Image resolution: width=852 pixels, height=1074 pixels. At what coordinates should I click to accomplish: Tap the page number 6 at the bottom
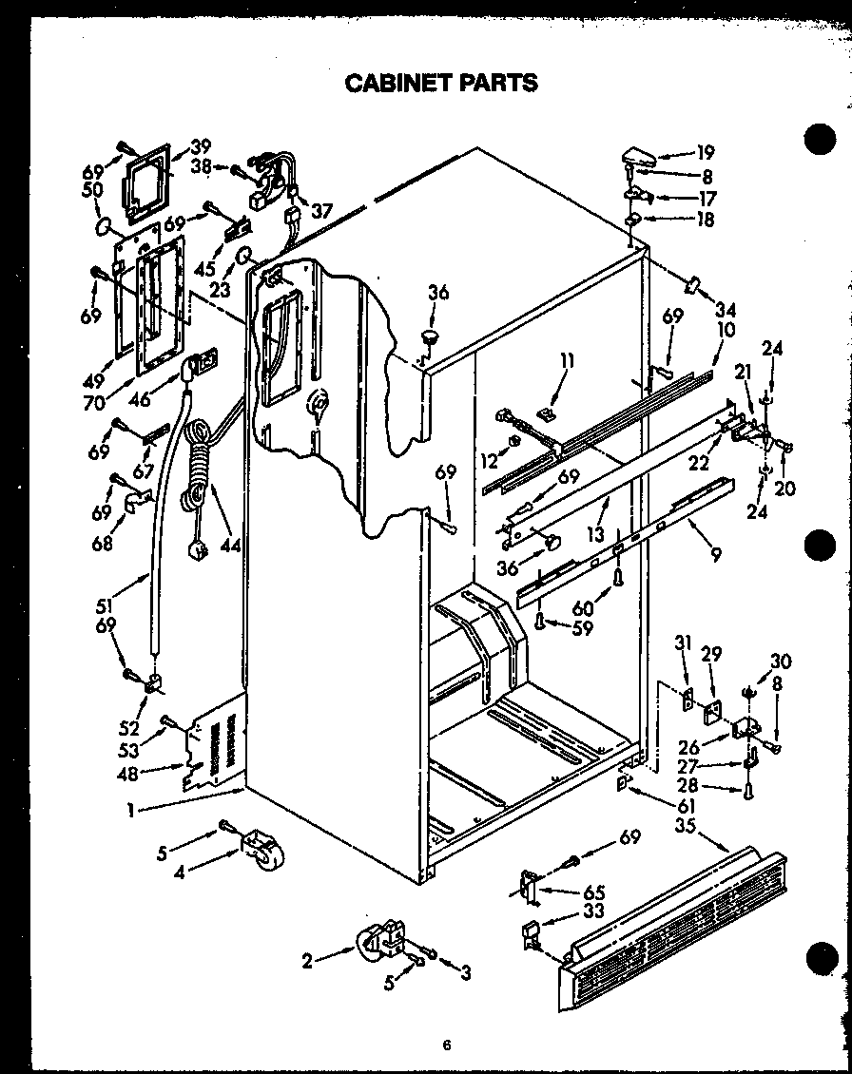[445, 1045]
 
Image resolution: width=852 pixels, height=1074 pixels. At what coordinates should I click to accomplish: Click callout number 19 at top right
[705, 152]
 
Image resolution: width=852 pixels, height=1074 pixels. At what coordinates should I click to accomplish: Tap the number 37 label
[321, 211]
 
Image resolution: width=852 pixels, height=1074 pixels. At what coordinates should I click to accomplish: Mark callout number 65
[593, 892]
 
